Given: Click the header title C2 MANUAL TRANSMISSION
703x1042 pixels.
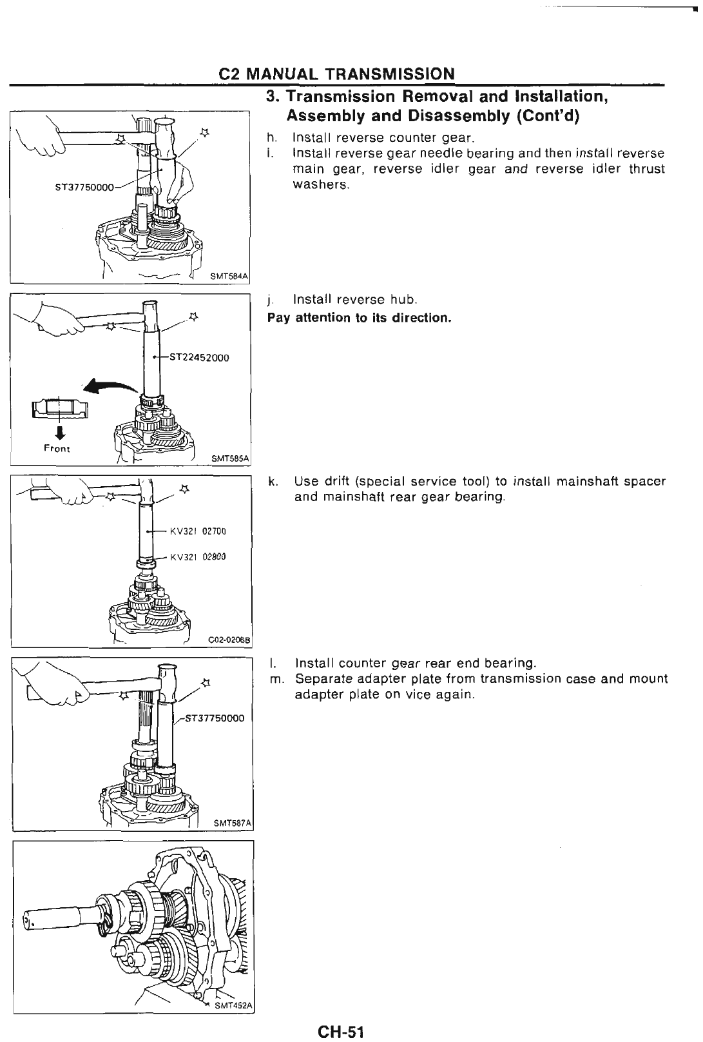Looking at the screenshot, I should [336, 74].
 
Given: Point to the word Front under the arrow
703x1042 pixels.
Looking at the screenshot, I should [57, 448].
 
